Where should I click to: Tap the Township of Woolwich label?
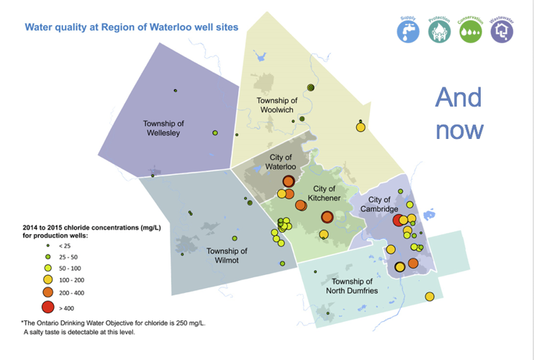click(x=276, y=105)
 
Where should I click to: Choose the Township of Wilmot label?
click(x=227, y=256)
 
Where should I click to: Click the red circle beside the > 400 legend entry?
click(x=47, y=307)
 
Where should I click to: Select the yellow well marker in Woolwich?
click(x=361, y=127)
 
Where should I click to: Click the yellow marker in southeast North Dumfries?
click(x=430, y=297)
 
